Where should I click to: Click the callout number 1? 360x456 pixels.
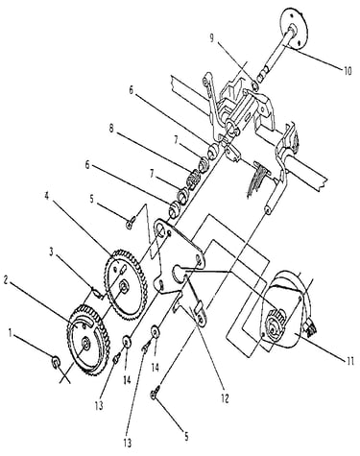pos(11,333)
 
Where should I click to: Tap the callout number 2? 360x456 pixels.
pos(6,280)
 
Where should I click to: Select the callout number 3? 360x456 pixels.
pos(51,252)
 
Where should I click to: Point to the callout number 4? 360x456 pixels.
pos(47,196)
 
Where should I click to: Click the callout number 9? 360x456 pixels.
pos(211,38)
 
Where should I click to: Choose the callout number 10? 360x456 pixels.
pos(348,70)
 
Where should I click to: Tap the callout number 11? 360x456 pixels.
pos(350,361)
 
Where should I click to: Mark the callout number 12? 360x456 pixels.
pos(226,398)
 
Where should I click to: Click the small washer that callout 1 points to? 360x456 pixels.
pos(55,362)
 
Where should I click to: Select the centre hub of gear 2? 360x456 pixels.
pos(85,344)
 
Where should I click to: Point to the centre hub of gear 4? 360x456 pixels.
pos(123,285)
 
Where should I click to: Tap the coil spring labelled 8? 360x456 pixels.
pos(193,180)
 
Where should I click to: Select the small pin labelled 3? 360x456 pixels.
pos(98,292)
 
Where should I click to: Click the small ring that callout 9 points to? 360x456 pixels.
pos(255,85)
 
